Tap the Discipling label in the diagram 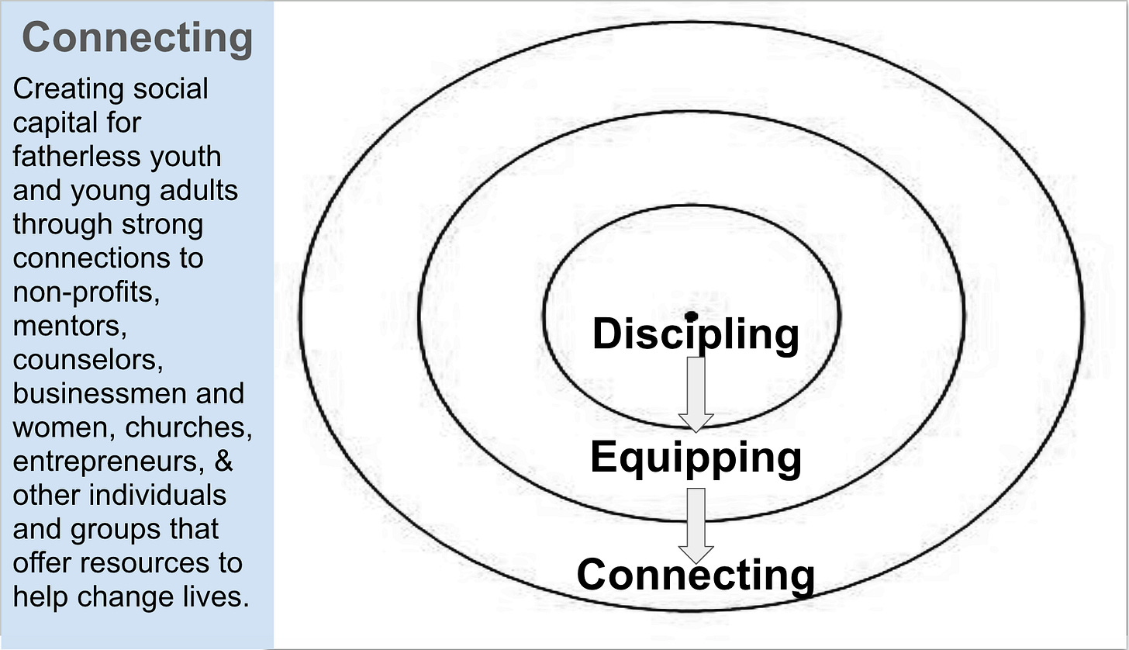tap(696, 334)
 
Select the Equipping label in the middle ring tap(696, 458)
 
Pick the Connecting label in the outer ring tap(696, 575)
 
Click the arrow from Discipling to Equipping tap(696, 394)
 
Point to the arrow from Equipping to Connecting tap(696, 525)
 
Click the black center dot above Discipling tap(691, 316)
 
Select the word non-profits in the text tap(86, 292)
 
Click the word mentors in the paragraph tap(70, 327)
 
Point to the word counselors tap(88, 360)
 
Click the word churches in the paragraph tap(188, 427)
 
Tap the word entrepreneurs tap(109, 462)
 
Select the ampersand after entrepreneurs tap(224, 461)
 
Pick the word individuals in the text tap(157, 495)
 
